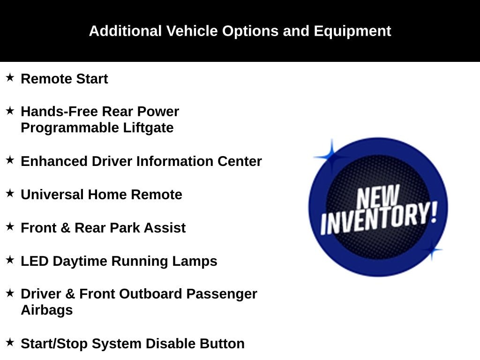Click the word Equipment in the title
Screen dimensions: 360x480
[x=352, y=31]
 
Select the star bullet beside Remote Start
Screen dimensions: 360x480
[x=10, y=77]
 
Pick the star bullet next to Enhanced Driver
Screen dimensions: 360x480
[x=10, y=160]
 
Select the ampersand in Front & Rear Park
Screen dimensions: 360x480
[x=66, y=228]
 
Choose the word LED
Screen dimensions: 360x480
[x=35, y=261]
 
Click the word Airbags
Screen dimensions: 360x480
[x=46, y=310]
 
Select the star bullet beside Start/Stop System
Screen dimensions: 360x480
[x=10, y=342]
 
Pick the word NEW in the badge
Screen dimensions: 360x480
[x=378, y=197]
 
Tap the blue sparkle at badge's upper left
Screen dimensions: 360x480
[x=331, y=156]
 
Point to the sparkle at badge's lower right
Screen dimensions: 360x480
[x=432, y=250]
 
